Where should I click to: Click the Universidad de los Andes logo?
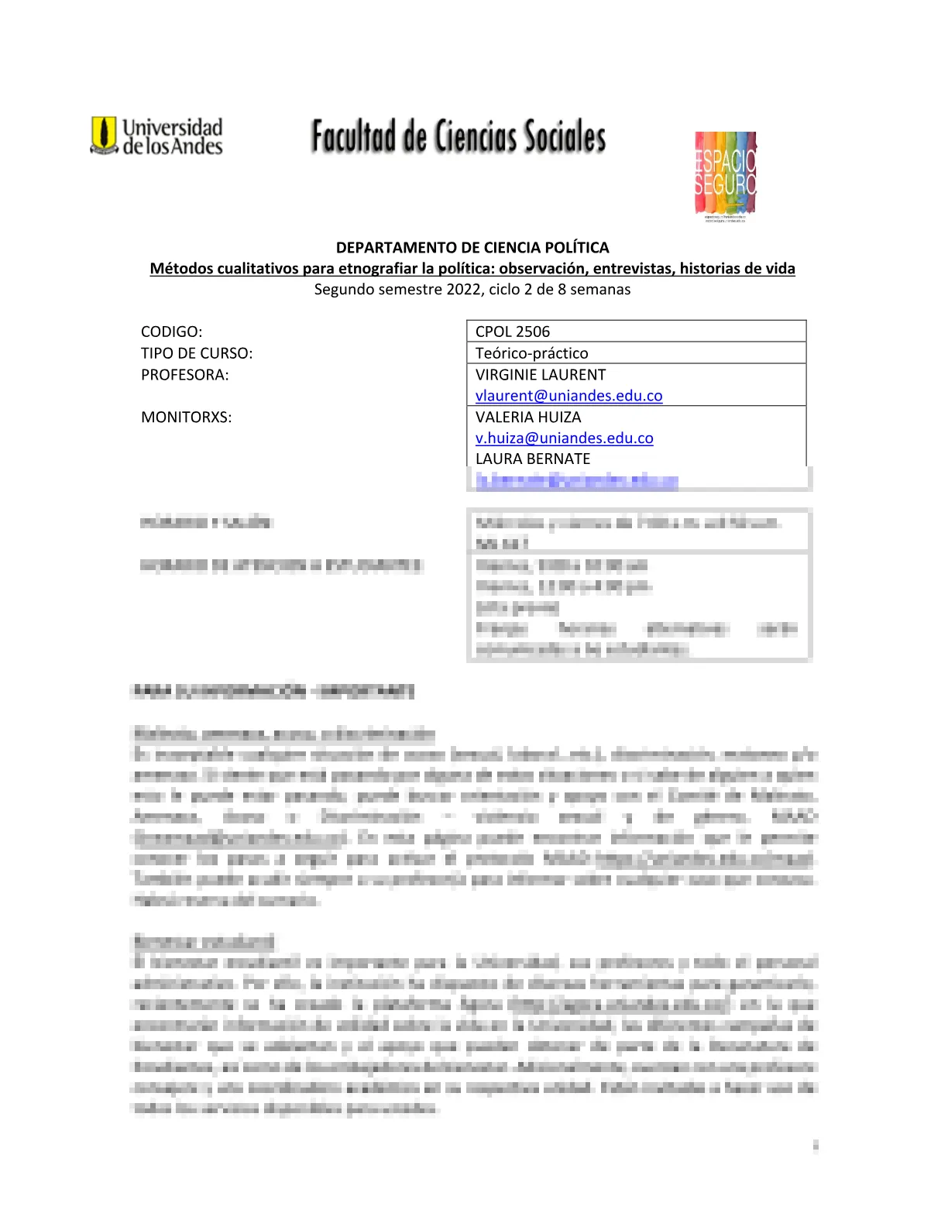(x=157, y=136)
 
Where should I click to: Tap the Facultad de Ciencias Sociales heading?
(x=459, y=136)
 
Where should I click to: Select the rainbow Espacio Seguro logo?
(x=725, y=175)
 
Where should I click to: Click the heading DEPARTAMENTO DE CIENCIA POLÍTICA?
(x=472, y=248)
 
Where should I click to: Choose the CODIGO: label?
(x=171, y=332)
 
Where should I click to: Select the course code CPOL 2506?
(x=513, y=332)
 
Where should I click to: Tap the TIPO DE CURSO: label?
(x=197, y=353)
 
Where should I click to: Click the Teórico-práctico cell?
(x=532, y=353)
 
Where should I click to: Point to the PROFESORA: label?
(x=185, y=375)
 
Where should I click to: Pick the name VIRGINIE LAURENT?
(x=541, y=375)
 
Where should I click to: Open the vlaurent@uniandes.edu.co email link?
(x=569, y=396)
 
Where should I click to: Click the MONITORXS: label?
(x=187, y=418)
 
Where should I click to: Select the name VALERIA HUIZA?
(x=528, y=418)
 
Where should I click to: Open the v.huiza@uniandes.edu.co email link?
(x=565, y=438)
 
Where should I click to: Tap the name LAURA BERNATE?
(x=533, y=459)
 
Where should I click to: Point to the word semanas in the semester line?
(x=600, y=290)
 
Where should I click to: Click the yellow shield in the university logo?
(x=103, y=134)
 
